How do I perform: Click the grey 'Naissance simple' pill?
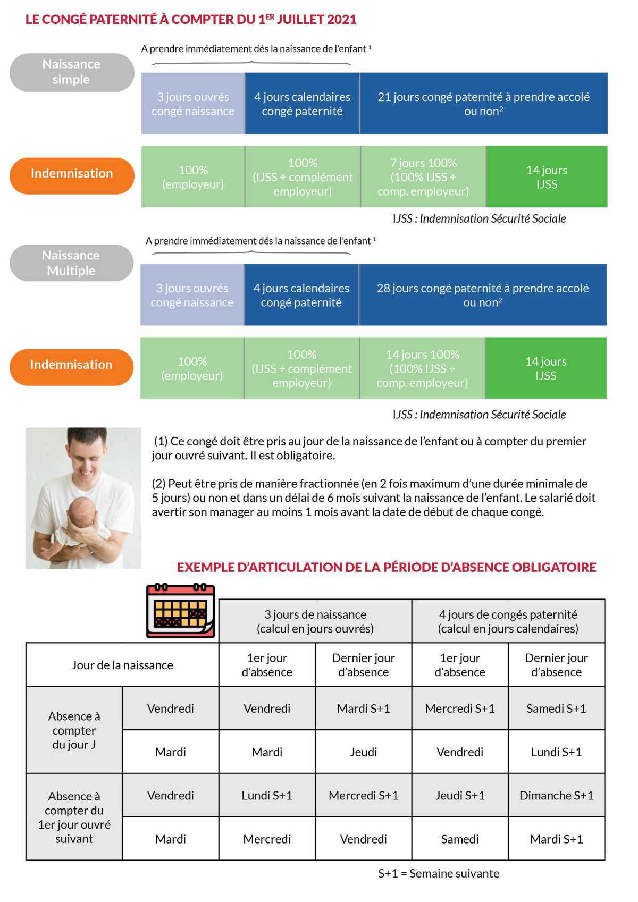[71, 72]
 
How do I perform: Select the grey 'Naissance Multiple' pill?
[71, 263]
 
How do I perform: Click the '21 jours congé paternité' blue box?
[483, 104]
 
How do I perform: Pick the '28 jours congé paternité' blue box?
[482, 295]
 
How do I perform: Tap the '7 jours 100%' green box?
[423, 177]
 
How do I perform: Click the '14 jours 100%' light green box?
[422, 368]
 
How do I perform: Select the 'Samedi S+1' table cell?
[556, 709]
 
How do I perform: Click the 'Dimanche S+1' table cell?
[556, 795]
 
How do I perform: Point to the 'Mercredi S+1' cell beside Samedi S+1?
[460, 709]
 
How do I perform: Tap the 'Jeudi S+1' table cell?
[460, 795]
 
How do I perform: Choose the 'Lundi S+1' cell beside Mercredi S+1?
[267, 795]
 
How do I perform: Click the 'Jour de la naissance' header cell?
[122, 665]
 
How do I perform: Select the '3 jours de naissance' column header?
[315, 621]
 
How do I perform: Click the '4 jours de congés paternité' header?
[508, 621]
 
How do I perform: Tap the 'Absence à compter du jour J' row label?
[74, 730]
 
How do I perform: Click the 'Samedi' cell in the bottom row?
[460, 839]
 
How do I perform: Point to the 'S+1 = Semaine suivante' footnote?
[439, 873]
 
